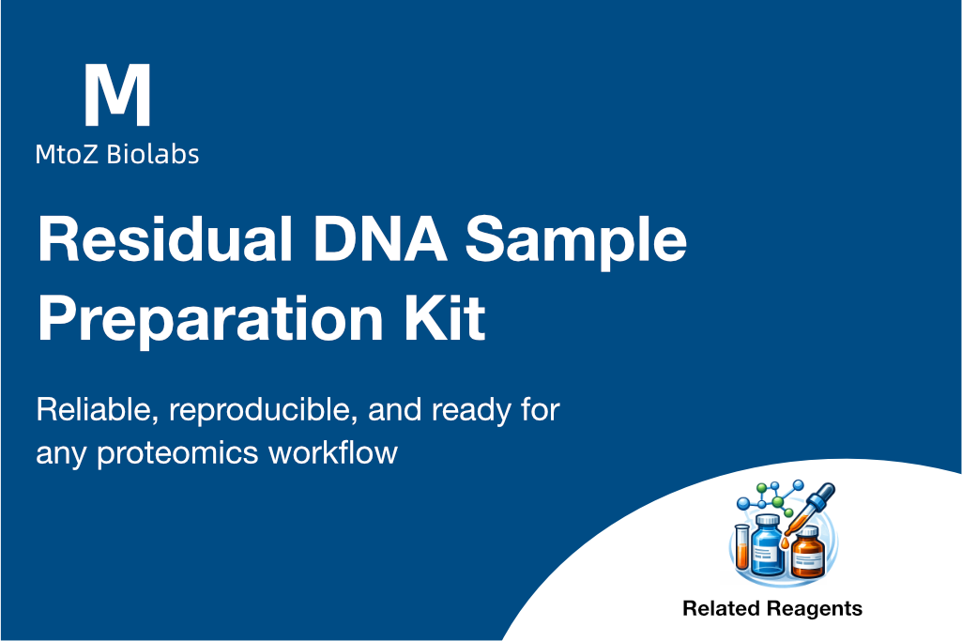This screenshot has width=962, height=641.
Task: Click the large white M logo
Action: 117,95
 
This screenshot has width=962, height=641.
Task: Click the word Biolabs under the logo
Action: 153,154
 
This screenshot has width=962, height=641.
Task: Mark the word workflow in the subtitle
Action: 333,451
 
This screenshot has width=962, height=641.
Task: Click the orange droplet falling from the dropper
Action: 785,542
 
